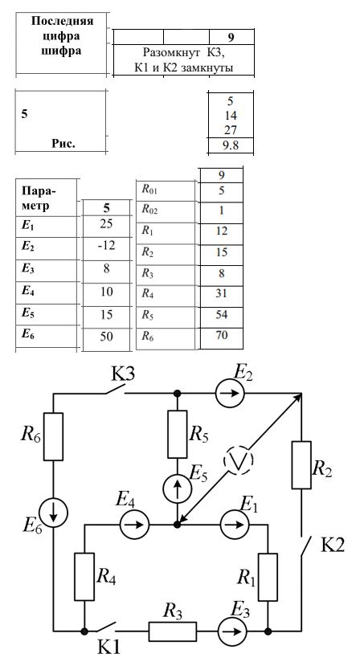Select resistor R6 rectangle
(x=53, y=436)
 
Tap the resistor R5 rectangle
(x=178, y=434)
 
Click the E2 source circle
(x=230, y=393)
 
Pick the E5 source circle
(x=178, y=488)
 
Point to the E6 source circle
(x=54, y=512)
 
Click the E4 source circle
(x=135, y=525)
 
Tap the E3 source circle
(x=232, y=631)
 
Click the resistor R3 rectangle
(x=172, y=631)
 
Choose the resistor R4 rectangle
(x=84, y=576)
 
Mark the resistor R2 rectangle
(x=301, y=465)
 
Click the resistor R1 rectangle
(x=268, y=577)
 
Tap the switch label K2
(x=333, y=546)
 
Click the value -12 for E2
(x=106, y=245)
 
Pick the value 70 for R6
(x=222, y=335)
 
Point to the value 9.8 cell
(x=231, y=145)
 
